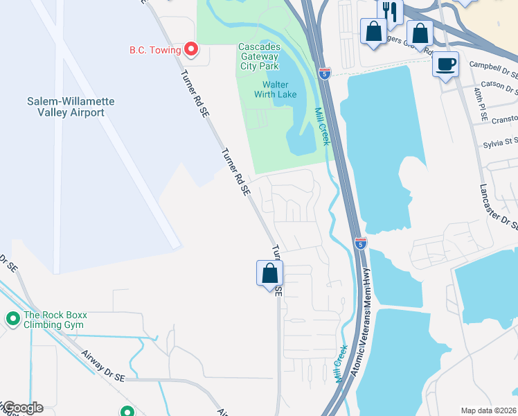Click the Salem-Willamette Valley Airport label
[71, 107]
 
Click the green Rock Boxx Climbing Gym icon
[12, 319]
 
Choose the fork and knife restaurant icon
[389, 12]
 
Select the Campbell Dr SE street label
[493, 68]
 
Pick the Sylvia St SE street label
[501, 145]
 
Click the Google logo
[22, 408]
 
